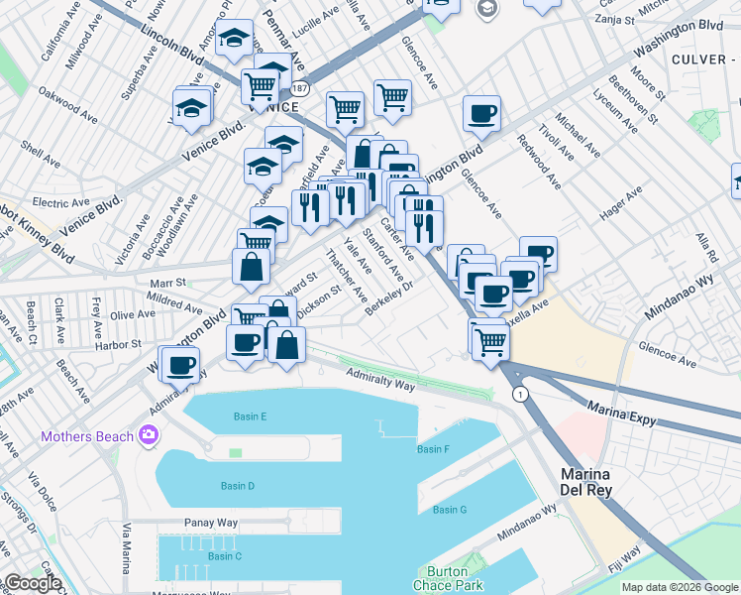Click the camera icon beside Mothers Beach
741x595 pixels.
tap(149, 434)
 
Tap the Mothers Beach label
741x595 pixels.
tap(87, 436)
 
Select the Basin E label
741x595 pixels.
tap(250, 416)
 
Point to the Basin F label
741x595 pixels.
tap(433, 449)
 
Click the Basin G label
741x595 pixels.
tap(449, 510)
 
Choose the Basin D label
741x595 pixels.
tap(238, 486)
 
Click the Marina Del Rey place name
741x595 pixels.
tap(586, 482)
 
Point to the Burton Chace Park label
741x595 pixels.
tap(454, 578)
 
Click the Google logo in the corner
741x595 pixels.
tap(32, 583)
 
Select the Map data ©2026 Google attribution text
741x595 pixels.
tap(680, 587)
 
